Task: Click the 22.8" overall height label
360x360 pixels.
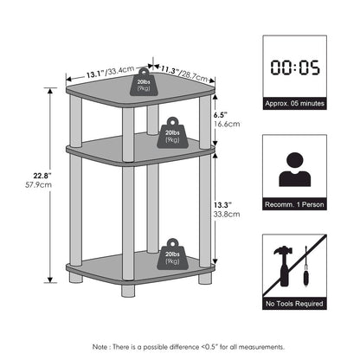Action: (x=42, y=176)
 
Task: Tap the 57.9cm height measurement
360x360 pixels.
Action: (x=38, y=184)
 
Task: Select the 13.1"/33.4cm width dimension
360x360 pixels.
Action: (x=110, y=72)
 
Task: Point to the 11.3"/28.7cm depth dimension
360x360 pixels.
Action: (x=184, y=74)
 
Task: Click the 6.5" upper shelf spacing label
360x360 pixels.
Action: (x=219, y=115)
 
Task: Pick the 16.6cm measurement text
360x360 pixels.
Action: (x=227, y=124)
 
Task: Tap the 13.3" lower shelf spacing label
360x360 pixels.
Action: (x=222, y=205)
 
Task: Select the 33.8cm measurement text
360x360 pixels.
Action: (x=227, y=215)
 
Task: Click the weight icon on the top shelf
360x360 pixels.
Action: (x=144, y=82)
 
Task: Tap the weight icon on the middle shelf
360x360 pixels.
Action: (x=172, y=133)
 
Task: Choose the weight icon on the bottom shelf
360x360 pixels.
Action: (x=172, y=254)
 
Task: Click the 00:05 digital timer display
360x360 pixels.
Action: (x=295, y=67)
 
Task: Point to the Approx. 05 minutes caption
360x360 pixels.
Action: (x=295, y=103)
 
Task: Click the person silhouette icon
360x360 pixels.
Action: (x=295, y=170)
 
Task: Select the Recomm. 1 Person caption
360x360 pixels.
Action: (x=294, y=204)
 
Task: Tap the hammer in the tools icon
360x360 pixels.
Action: (x=284, y=266)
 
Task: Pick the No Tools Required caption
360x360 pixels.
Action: (x=294, y=304)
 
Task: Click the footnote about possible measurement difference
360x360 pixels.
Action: (x=189, y=347)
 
